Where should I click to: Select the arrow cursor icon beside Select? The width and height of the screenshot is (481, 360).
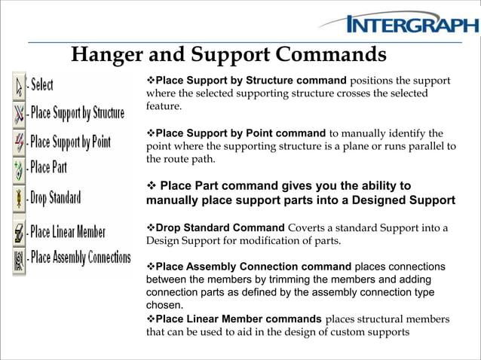[19, 85]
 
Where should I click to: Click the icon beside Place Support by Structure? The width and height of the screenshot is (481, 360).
[19, 113]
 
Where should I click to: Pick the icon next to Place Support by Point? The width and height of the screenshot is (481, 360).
[19, 141]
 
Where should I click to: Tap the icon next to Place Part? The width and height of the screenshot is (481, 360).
[19, 168]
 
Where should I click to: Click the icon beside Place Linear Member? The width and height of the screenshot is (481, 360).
[19, 232]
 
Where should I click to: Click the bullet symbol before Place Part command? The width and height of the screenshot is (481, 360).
[151, 186]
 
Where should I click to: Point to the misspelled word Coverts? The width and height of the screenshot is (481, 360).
[307, 228]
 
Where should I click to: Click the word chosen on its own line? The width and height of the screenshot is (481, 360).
[164, 306]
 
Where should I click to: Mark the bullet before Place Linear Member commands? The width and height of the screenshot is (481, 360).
[150, 319]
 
